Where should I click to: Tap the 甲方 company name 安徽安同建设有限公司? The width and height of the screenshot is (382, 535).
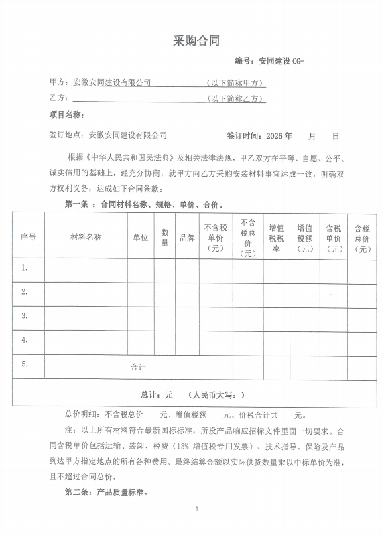[112, 83]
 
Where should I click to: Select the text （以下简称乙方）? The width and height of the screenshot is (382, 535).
[237, 99]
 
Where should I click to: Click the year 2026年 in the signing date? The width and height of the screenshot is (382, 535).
[279, 135]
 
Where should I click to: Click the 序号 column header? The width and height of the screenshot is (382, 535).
[28, 237]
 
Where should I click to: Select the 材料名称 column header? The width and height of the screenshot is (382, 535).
[86, 237]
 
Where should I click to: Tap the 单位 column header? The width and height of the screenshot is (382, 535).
[141, 237]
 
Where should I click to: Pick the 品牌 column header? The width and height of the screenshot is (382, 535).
[186, 237]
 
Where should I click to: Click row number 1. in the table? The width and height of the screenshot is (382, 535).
[25, 268]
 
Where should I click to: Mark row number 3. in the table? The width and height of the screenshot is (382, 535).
[25, 315]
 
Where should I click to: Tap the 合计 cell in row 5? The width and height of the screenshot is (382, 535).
[138, 367]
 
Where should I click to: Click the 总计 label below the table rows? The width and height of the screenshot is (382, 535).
[149, 395]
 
